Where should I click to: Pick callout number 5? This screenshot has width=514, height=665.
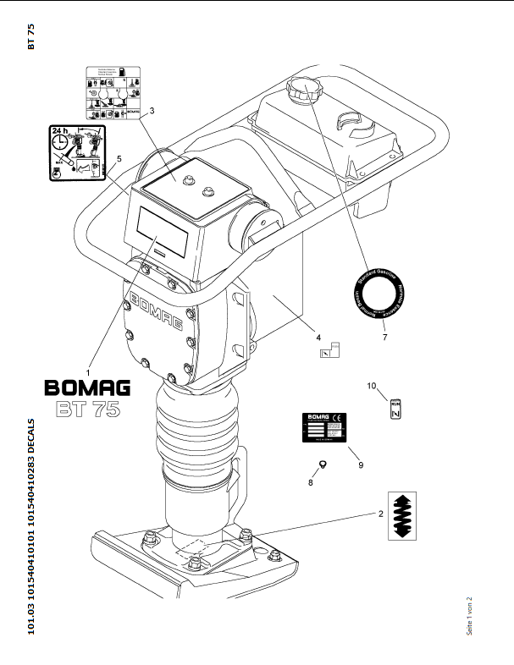[x=119, y=159]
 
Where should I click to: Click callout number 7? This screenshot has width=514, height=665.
[x=384, y=338]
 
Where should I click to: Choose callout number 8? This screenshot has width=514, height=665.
[x=310, y=483]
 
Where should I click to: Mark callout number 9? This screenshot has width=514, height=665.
[x=361, y=464]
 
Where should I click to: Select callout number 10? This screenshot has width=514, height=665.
[x=371, y=386]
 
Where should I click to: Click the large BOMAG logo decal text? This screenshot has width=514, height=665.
[x=87, y=388]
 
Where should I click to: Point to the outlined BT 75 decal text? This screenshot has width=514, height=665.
[x=88, y=409]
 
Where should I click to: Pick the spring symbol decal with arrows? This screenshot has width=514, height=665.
[x=405, y=515]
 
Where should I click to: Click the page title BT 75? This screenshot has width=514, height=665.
[x=31, y=37]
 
